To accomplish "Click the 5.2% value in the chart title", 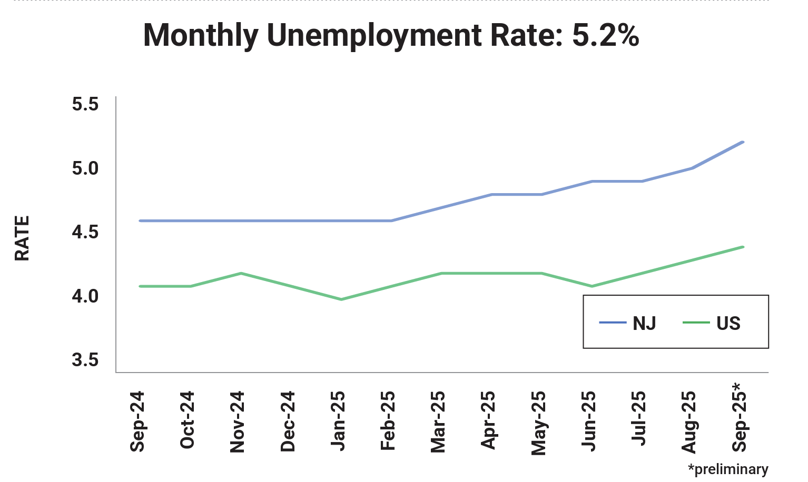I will point(605,36).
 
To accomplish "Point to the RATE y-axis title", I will point(22,238).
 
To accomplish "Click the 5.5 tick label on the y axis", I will point(85,104).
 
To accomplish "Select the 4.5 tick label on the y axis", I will point(85,232).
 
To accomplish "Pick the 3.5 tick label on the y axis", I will point(85,360).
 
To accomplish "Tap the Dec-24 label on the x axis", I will point(288,421).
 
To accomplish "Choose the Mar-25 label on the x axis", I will point(438,421).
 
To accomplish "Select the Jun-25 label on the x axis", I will point(589,421).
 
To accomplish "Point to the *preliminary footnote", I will point(728,469).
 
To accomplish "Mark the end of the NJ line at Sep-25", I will point(742,142).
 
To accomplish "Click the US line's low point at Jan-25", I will point(341,299).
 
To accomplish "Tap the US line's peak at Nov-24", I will point(241,273).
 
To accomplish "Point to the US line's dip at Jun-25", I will point(592,286).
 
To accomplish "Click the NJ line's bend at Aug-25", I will point(692,168).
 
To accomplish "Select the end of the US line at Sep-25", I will point(742,247).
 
